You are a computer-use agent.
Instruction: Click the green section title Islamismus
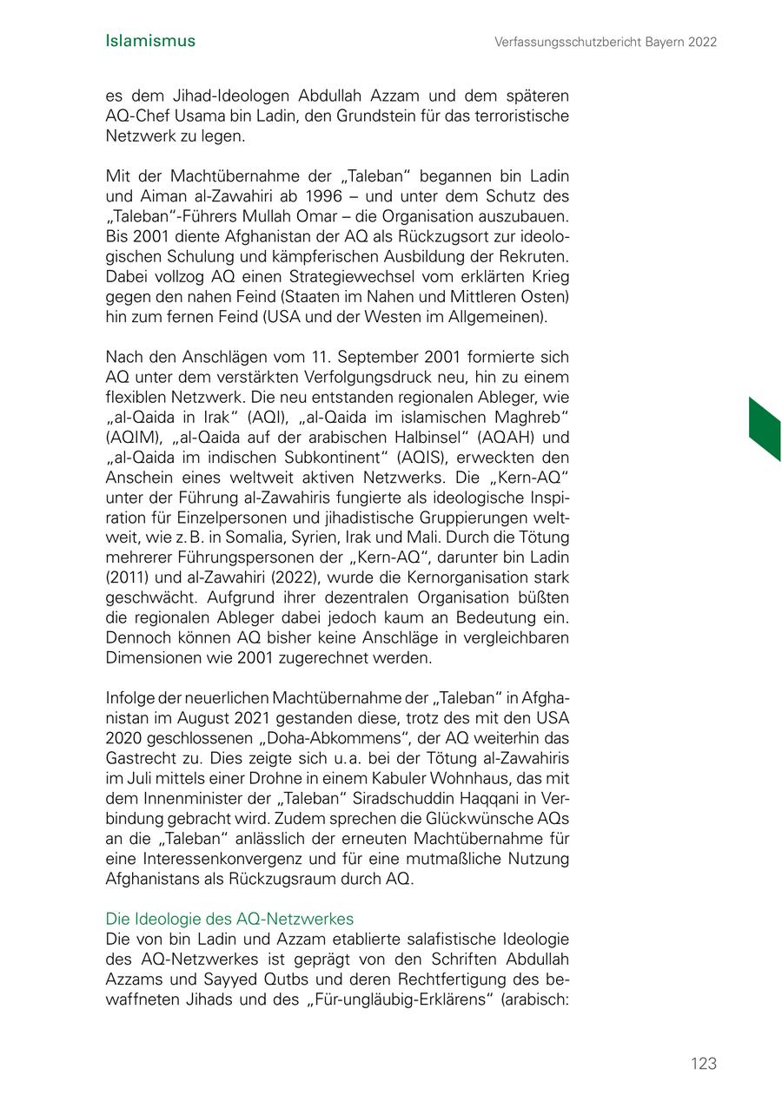149,41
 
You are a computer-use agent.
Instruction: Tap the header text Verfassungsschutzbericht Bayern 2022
606,42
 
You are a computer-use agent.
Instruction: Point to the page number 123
704,1064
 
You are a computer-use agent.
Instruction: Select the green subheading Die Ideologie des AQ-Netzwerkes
229,919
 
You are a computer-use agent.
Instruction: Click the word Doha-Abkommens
324,739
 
